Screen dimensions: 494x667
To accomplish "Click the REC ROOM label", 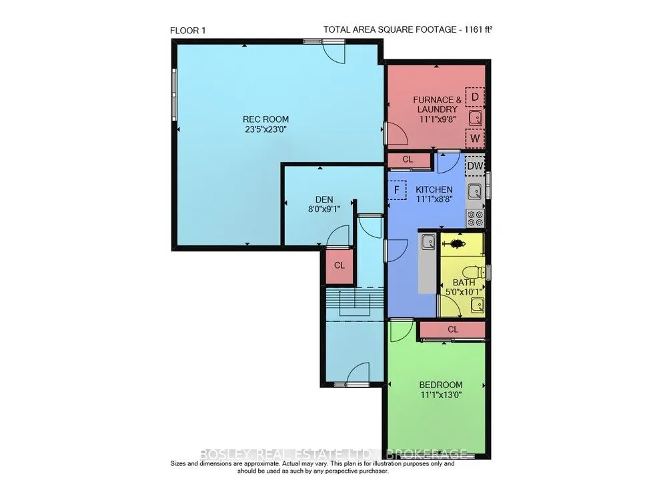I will coord(265,119).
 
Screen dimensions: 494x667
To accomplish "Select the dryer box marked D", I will coord(474,97).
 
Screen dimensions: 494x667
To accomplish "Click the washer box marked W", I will coord(474,139).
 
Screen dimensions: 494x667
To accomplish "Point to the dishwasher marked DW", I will coord(474,165).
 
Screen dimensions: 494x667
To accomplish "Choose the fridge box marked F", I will coord(397,190).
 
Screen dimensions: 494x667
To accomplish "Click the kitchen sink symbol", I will coord(474,192).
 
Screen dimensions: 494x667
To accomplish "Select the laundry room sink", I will coord(475,119).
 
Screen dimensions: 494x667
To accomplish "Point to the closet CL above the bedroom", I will coord(452,329).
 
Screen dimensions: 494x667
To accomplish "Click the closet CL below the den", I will coord(340,265).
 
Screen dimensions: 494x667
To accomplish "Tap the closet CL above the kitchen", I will coord(408,160).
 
